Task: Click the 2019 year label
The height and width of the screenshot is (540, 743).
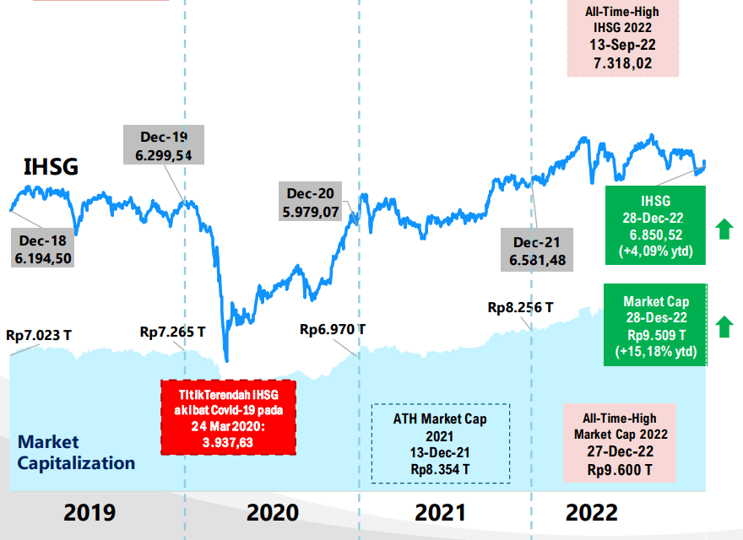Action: (89, 512)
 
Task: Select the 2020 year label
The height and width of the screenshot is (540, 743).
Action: (272, 512)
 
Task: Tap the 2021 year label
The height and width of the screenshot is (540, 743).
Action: (441, 512)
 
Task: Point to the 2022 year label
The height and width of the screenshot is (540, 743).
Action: (592, 512)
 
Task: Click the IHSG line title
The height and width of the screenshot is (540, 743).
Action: (50, 167)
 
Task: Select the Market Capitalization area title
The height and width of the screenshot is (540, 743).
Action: (76, 452)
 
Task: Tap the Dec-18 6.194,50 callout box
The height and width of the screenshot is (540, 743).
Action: (42, 249)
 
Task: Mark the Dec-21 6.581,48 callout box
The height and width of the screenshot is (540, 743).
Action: (537, 251)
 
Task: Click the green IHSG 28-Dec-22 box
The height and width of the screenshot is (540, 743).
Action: (655, 225)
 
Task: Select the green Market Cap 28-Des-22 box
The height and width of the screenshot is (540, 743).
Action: (655, 326)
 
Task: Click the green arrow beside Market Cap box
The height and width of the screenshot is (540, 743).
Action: (722, 326)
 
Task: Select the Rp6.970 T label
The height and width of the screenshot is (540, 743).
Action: (333, 328)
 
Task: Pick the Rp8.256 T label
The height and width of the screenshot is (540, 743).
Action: (520, 308)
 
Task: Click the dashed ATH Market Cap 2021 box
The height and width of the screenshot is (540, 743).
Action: (440, 442)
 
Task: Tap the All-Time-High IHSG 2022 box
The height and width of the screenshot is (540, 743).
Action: (622, 38)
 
